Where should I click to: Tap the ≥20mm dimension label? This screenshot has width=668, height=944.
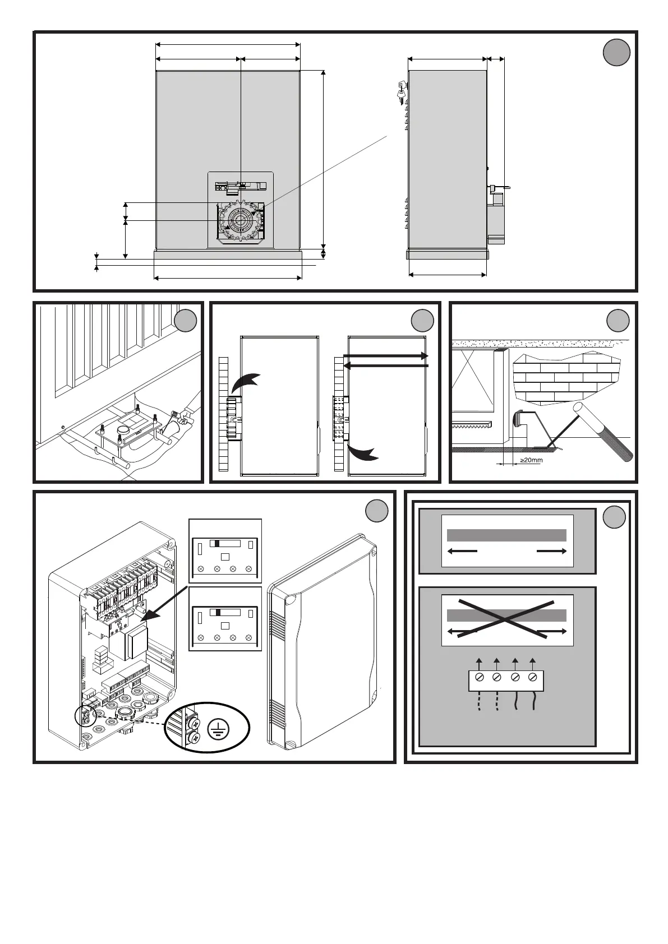click(531, 460)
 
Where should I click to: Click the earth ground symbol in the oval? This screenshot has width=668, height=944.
click(217, 729)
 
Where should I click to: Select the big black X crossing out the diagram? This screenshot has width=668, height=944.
click(507, 619)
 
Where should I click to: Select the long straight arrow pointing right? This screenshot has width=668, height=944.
click(386, 357)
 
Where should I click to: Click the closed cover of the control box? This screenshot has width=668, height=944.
click(323, 642)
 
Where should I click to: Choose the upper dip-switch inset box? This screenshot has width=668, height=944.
click(225, 550)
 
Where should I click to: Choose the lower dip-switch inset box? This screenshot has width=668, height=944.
click(225, 619)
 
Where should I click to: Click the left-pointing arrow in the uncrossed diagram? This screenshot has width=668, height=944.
click(462, 552)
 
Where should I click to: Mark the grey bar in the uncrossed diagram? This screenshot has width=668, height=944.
click(506, 535)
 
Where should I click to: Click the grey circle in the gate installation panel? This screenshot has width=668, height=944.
click(186, 321)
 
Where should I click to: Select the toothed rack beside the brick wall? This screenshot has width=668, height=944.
click(472, 425)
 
